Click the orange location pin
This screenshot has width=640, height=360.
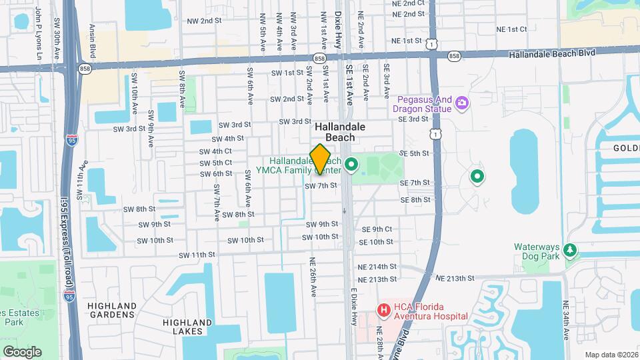coord(321,159)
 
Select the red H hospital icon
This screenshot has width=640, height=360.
coord(383,310)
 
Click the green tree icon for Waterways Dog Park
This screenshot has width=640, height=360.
coord(570,250)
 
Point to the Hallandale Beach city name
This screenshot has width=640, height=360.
coord(335,131)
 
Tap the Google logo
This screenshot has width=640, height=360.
coord(22,351)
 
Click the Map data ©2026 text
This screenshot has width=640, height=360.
coord(611,355)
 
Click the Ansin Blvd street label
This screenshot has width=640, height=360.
coord(93,42)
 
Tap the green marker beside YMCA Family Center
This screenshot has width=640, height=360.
coord(351,163)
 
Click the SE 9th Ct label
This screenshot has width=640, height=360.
coord(377,229)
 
